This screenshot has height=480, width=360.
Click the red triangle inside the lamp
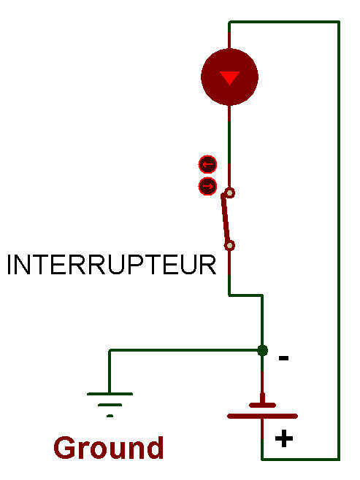click(x=229, y=78)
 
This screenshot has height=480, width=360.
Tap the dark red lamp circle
click(x=229, y=77)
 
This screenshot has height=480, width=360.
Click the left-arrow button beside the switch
click(x=207, y=165)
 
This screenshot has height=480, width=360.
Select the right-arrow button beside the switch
click(x=207, y=187)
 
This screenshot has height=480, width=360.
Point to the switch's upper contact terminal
click(x=230, y=193)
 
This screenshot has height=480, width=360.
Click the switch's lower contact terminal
click(x=230, y=246)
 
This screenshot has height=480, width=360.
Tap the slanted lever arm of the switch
click(x=226, y=218)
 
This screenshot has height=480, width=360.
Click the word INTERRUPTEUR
click(x=112, y=265)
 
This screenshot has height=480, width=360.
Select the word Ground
click(x=109, y=448)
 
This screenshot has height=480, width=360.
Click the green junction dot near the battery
click(x=263, y=350)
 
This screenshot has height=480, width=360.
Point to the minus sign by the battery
click(x=283, y=358)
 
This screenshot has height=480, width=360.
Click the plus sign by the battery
click(x=284, y=438)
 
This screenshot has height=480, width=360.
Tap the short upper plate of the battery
click(x=263, y=406)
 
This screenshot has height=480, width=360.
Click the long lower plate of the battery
click(x=263, y=416)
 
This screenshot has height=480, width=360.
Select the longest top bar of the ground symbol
click(x=110, y=394)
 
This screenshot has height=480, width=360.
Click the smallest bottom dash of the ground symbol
click(x=110, y=416)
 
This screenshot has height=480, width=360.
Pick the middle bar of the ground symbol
click(x=110, y=405)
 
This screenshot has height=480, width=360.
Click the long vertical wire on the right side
click(x=339, y=240)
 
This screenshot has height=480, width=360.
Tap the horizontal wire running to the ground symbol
click(x=185, y=350)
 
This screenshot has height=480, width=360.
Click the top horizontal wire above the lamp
click(x=284, y=22)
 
